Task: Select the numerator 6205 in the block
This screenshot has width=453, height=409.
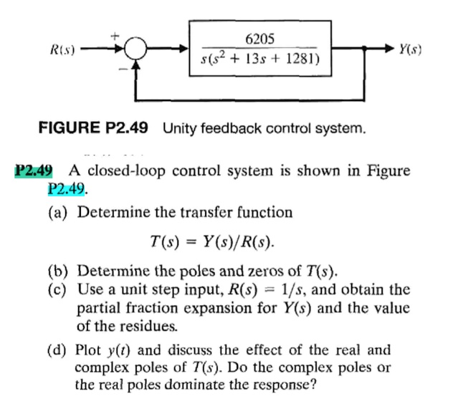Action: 259,38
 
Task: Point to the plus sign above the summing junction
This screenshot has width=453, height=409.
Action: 113,33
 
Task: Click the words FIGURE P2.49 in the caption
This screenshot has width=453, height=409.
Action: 93,130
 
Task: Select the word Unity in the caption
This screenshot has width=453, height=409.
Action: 180,130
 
